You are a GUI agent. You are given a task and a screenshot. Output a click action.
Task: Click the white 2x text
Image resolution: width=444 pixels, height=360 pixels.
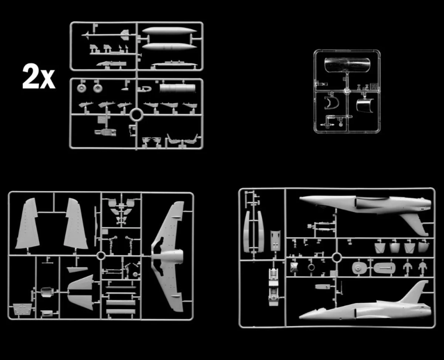[x=39, y=77]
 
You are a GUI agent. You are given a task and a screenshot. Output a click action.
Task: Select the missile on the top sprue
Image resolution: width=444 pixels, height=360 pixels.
[x=106, y=34]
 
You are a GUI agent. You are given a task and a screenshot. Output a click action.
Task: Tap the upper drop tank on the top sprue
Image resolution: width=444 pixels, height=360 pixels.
[x=169, y=31]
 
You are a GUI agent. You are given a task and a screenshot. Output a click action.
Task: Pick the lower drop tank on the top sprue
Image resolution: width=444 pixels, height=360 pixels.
[x=169, y=47]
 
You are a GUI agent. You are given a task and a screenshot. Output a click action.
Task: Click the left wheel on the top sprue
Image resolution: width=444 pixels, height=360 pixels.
[x=81, y=88]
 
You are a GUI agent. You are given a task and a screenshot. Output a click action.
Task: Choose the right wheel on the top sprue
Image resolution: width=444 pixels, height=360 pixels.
[x=97, y=88]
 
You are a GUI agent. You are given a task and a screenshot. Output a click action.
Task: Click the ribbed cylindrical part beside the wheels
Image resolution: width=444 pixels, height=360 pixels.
[x=177, y=88]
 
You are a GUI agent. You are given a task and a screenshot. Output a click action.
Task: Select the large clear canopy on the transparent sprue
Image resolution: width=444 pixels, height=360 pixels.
[x=347, y=65]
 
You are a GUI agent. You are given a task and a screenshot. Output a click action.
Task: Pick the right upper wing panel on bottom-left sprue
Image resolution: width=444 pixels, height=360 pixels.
[x=75, y=223]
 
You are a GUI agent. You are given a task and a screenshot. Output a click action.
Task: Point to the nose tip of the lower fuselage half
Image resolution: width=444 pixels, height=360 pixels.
[x=300, y=318]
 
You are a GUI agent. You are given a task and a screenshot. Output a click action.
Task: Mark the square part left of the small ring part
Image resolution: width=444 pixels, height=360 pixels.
[x=294, y=267]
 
